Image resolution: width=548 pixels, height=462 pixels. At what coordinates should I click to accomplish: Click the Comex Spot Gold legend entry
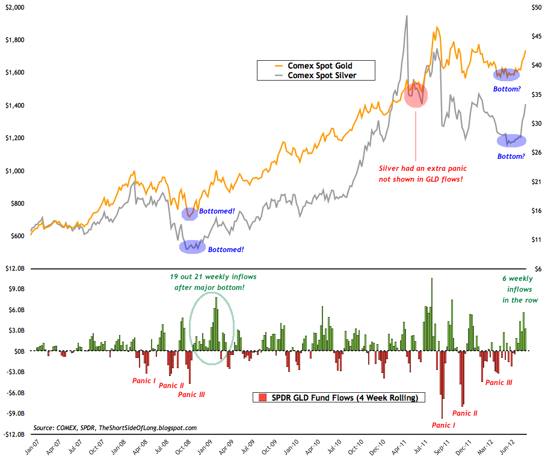[319, 65]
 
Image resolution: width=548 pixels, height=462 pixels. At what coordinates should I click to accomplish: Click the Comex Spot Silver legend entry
[322, 75]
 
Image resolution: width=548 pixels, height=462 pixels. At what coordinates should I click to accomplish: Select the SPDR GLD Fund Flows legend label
[343, 398]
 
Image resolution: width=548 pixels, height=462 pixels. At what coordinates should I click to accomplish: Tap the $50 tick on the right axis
[534, 7]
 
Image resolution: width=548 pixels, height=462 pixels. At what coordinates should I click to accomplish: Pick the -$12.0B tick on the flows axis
[13, 434]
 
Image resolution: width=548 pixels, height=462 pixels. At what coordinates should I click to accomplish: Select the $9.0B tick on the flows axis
[16, 289]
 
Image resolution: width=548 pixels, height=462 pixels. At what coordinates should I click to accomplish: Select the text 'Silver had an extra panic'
[422, 168]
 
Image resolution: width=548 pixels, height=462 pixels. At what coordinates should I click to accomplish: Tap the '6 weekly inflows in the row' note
[520, 289]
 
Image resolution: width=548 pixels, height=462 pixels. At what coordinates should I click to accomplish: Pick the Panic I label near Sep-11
[443, 425]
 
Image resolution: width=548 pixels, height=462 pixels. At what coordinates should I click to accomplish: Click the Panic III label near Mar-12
[499, 382]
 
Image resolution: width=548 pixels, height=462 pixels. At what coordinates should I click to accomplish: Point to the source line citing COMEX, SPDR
[115, 428]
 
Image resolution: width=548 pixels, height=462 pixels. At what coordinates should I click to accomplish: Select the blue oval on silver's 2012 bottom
[511, 141]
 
